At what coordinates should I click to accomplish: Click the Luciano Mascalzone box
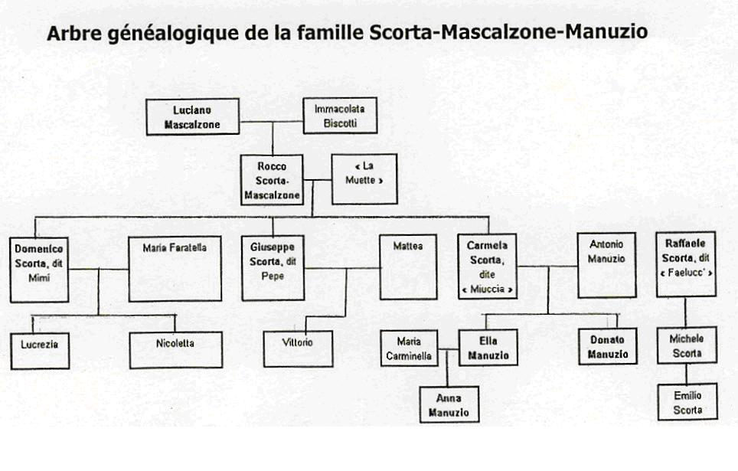192,117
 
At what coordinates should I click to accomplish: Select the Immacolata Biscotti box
340,116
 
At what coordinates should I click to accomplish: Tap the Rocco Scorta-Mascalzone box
272,180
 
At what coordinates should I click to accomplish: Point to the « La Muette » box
364,179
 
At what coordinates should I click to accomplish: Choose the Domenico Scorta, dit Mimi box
39,270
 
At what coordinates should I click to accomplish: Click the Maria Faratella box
175,269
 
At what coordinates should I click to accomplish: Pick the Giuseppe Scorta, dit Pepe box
273,268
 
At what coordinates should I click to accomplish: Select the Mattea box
408,267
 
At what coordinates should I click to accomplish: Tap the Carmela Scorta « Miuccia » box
487,266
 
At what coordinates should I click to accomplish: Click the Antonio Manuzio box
606,265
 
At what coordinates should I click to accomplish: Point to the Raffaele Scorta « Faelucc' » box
686,264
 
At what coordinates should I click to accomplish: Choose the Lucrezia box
40,351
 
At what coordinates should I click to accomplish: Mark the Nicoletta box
175,350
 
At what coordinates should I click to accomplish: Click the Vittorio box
298,349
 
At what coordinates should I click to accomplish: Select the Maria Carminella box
409,348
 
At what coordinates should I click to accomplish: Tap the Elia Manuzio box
488,348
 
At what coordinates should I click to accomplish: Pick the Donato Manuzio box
608,347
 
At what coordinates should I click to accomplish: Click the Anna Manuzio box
449,404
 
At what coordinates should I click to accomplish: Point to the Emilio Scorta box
687,402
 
